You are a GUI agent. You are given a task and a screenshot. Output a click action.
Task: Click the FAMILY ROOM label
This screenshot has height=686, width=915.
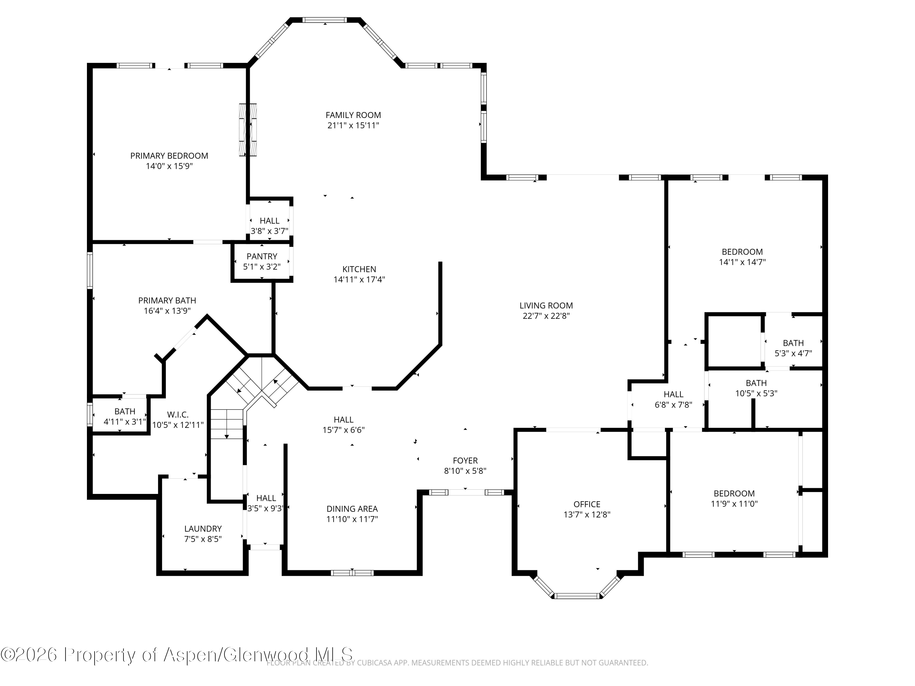point(353,115)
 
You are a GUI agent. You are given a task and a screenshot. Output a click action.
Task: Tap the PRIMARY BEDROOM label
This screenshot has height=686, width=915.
point(169,155)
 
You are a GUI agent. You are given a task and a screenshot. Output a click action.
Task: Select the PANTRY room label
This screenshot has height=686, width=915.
point(262,256)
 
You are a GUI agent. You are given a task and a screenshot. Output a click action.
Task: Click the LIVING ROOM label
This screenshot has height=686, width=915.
point(546,305)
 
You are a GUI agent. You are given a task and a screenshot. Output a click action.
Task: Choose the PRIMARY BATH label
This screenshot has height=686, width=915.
point(167,301)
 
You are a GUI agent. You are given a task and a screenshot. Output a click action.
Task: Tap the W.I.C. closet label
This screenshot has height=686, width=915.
point(178,415)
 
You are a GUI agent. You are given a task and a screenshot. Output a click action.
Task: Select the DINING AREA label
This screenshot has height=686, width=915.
point(352,509)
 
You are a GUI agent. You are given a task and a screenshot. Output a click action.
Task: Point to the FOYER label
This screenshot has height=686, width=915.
point(465,461)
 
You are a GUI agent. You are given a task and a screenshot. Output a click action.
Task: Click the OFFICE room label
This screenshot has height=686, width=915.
point(587,505)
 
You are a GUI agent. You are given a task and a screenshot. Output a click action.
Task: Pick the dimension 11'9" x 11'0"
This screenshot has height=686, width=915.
point(734,504)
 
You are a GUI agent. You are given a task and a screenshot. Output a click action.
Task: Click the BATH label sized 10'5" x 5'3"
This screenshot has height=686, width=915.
point(756,383)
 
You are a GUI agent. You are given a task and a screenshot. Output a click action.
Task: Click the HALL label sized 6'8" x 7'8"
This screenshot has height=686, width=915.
point(673,395)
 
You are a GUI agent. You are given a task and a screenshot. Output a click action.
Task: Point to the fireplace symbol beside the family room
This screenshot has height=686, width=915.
point(248,130)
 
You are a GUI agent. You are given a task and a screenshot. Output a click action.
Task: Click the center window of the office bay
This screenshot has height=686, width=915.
point(577,596)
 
